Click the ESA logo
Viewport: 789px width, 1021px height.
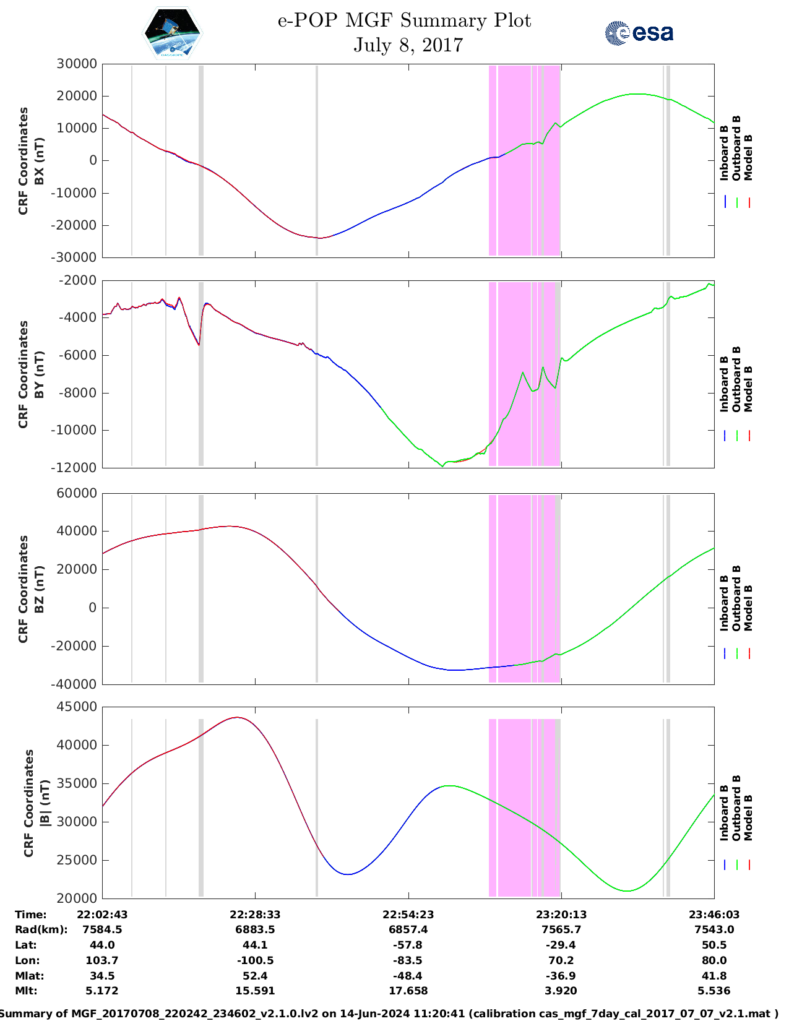[639, 33]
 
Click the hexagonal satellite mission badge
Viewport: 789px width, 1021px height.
[172, 33]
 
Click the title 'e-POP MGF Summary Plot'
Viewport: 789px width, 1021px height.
[404, 20]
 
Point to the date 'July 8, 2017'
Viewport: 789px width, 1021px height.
[408, 45]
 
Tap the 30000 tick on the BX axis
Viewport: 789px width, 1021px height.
[77, 64]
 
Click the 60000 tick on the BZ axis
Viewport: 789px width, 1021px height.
[77, 493]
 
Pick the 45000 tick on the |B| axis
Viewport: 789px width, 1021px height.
[77, 707]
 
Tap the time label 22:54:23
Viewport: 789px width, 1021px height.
[408, 915]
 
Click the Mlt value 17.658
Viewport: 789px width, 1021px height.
[408, 991]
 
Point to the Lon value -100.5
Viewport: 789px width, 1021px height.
[255, 960]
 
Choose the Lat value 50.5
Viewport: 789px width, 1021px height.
[714, 945]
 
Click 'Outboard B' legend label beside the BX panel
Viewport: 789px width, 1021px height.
[736, 149]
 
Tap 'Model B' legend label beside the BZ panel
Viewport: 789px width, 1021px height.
[748, 608]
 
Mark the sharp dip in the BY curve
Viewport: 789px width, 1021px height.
[199, 344]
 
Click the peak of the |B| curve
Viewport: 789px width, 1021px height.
[237, 717]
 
